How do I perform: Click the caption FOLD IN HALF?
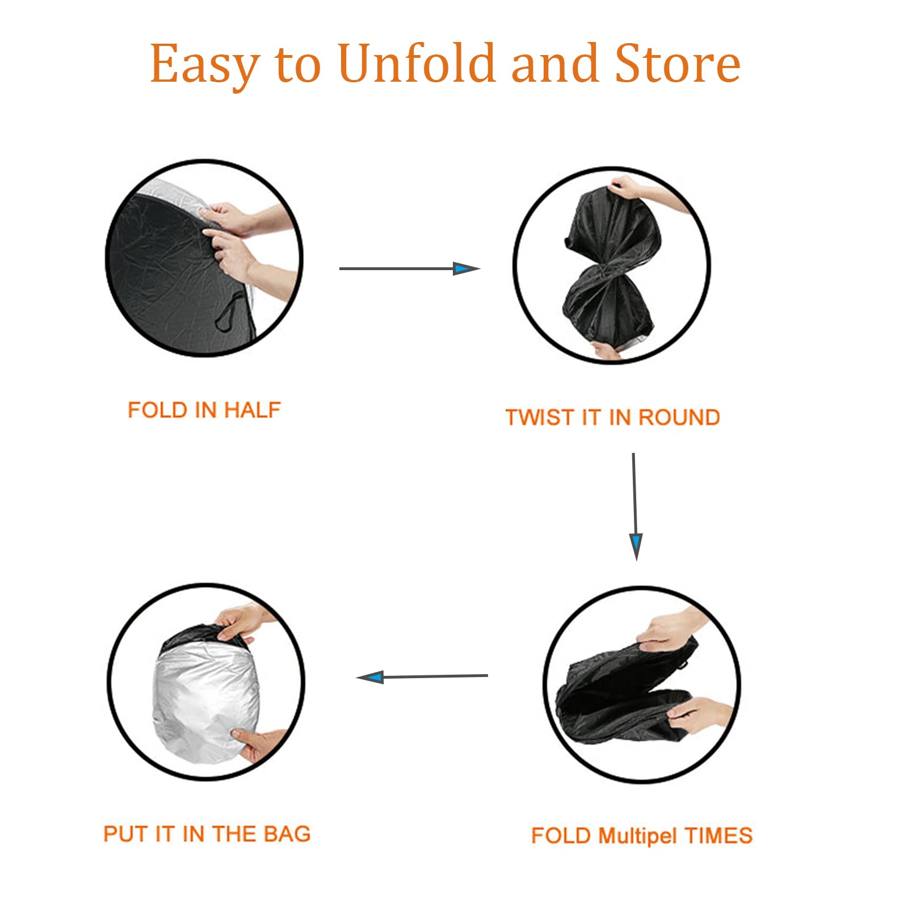(x=204, y=410)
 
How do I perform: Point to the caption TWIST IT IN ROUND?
(x=613, y=418)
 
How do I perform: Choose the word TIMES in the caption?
(x=718, y=836)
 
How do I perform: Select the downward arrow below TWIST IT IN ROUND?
(x=635, y=507)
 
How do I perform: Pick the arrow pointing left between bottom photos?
(x=422, y=676)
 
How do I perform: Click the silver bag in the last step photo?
(x=205, y=704)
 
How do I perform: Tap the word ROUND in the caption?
(x=679, y=418)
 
